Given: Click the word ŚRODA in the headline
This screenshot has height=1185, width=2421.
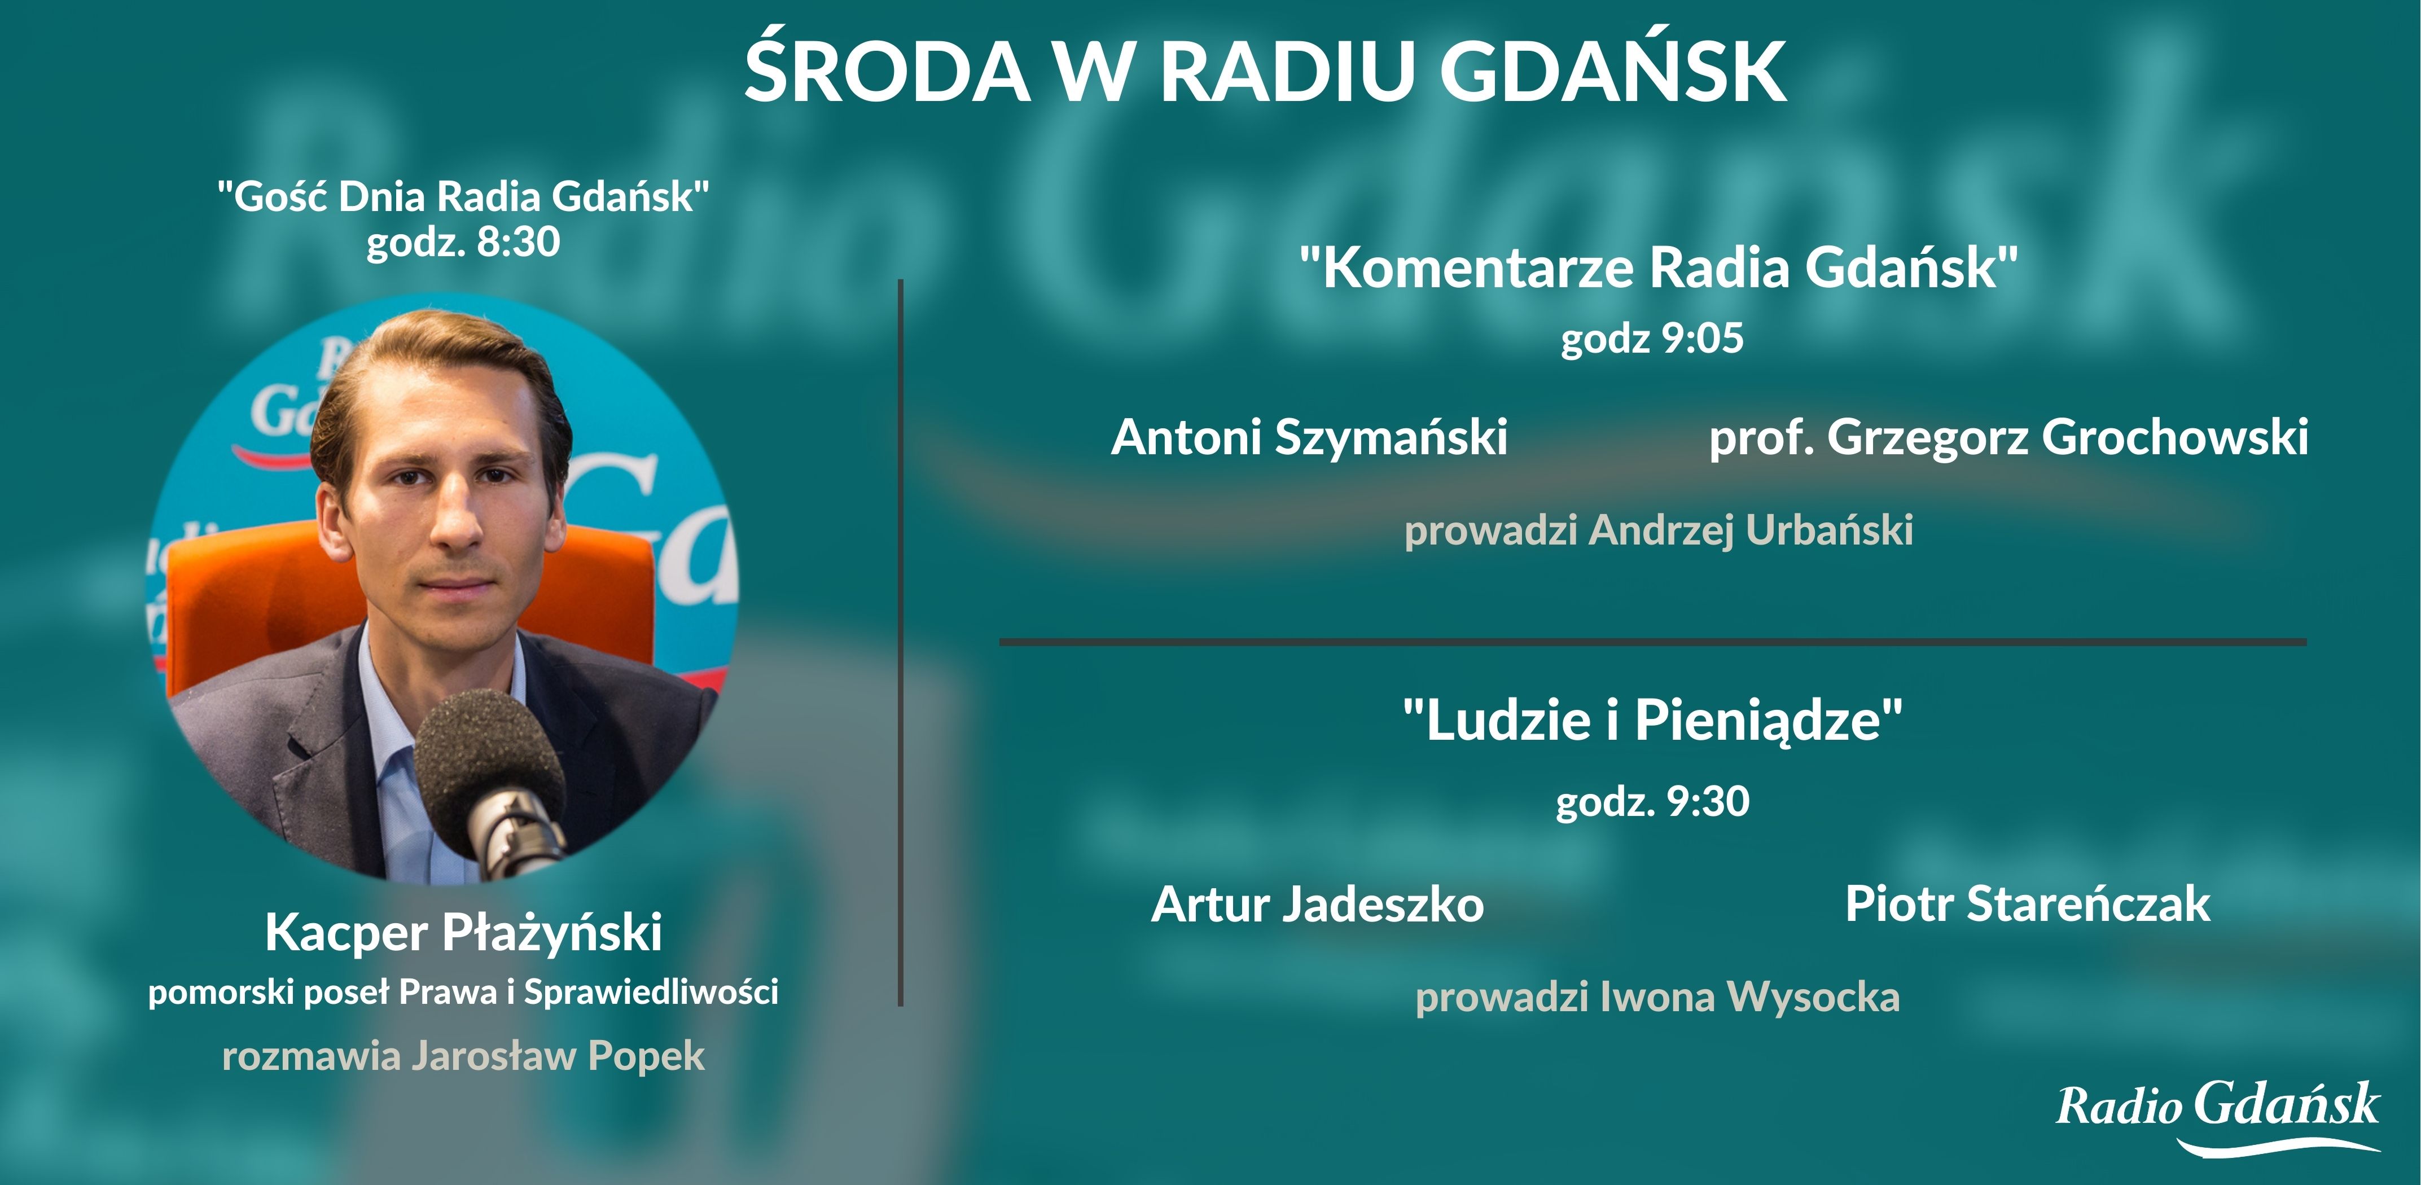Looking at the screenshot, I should coord(886,72).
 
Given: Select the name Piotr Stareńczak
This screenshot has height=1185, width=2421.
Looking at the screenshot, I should coord(2027,904).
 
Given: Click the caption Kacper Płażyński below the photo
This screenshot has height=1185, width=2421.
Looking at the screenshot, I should coord(463,932).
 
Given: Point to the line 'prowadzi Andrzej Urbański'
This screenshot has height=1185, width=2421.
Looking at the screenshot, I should coord(1658,530).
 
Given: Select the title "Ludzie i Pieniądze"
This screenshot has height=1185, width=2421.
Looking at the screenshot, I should coord(1652,721).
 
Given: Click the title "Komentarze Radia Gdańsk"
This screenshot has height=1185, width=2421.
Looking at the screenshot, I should coord(1658,268).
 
